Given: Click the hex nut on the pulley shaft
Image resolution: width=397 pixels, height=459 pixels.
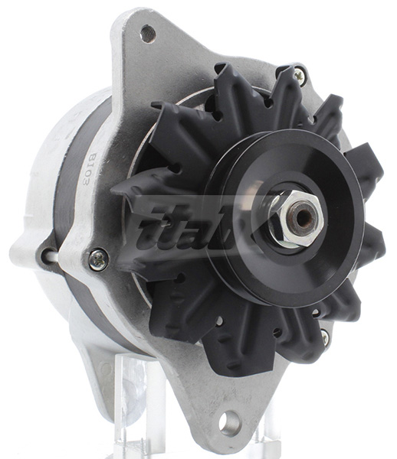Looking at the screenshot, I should point(295,217).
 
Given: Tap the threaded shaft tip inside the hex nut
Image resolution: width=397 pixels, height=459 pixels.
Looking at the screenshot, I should point(302,219).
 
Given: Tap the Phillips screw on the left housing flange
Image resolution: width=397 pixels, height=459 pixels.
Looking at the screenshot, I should point(98,260).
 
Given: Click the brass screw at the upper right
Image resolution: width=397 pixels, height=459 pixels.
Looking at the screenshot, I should point(299,76).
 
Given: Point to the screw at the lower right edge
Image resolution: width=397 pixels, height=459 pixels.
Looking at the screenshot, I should point(325,337).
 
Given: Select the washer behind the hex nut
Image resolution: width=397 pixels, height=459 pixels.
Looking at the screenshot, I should point(280,229).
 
